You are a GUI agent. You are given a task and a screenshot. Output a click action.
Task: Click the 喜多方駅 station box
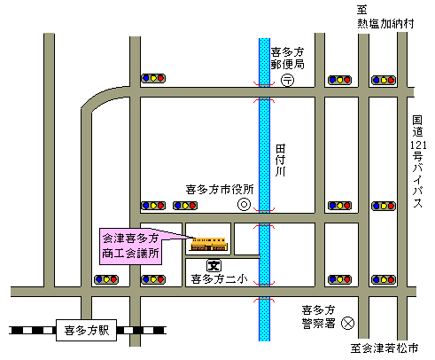coord(86,330)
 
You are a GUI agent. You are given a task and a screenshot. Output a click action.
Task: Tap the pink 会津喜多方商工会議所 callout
coord(130,247)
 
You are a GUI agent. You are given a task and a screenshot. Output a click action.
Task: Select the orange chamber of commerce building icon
coord(209,244)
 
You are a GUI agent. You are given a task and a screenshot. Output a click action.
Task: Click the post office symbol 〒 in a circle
coord(287,80)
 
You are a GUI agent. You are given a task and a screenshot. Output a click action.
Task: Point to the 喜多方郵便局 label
coord(287,58)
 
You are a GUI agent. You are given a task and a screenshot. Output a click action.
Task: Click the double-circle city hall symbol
coord(245,204)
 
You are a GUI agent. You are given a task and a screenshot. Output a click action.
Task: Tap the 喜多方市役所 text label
coord(220,190)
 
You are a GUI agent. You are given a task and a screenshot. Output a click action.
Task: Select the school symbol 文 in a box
coord(214,266)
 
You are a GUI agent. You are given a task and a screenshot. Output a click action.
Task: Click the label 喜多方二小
coord(219,279)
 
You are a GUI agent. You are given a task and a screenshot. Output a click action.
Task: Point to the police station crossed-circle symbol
coord(347,323)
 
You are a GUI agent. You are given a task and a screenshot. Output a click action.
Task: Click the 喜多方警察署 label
coord(318,317)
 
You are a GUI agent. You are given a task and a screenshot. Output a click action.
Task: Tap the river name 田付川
coord(280,160)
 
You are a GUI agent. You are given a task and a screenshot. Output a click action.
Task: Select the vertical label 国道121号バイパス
coord(418,161)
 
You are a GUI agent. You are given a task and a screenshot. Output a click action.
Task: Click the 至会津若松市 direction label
coord(385,348)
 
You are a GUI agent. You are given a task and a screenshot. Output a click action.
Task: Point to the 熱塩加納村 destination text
coord(385,23)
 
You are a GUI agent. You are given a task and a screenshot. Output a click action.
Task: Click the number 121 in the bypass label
coord(418,145)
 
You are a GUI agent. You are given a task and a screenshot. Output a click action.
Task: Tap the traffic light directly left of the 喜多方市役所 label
coord(185,206)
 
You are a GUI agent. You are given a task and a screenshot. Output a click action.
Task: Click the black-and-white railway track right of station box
coord(142,330)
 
